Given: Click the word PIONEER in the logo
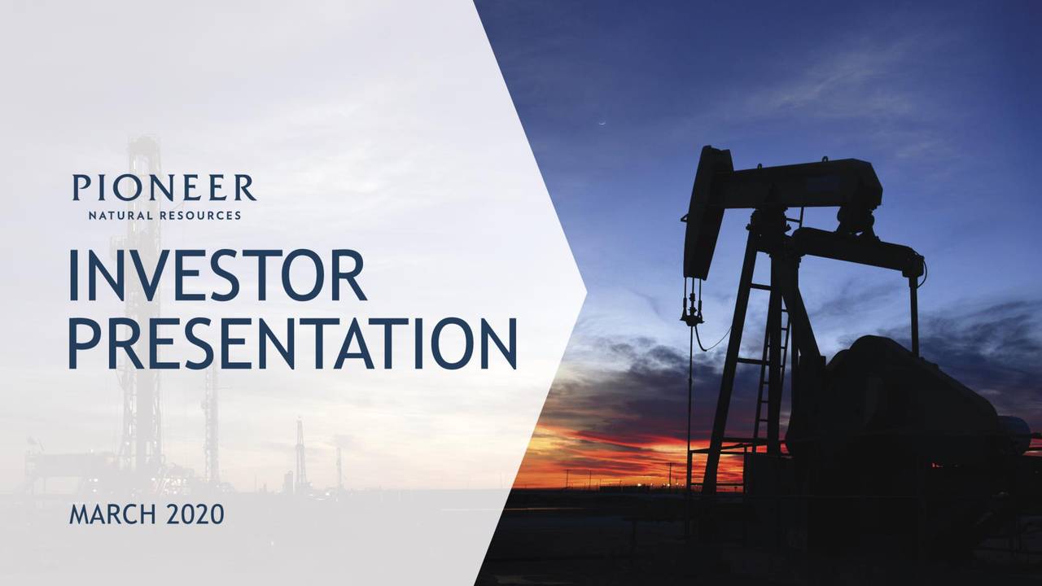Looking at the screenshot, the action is point(164,188).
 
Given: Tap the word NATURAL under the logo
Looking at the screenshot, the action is point(120,216).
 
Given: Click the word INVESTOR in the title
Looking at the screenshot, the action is point(217,276).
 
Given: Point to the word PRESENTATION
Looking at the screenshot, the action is point(293,343).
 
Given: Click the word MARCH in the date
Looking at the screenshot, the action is point(112,515).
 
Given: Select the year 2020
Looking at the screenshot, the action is point(195,515).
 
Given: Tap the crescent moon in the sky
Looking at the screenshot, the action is point(603,123).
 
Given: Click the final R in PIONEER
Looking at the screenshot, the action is point(245,188).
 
